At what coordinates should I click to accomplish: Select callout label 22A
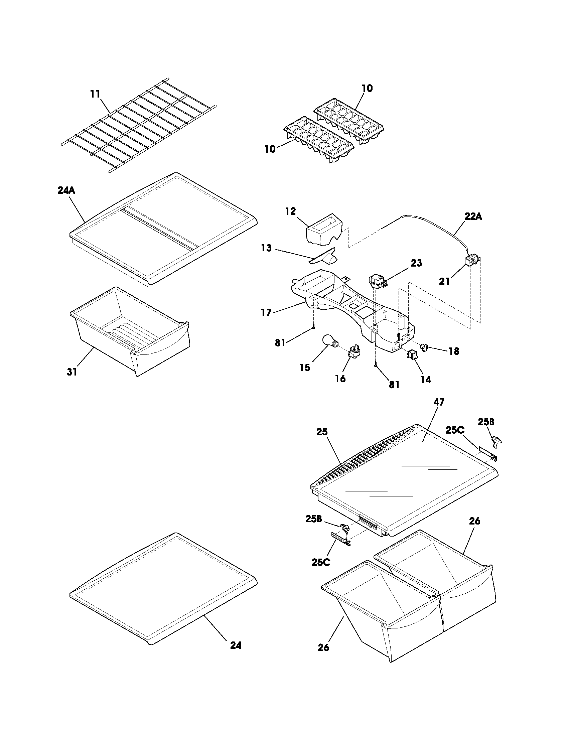pos(473,217)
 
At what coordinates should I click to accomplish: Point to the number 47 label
pos(439,402)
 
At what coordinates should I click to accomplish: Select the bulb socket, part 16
pos(353,353)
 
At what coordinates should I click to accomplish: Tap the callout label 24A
pos(66,190)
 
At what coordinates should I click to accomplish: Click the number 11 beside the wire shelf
pos(96,94)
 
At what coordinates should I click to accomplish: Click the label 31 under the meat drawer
pos(72,372)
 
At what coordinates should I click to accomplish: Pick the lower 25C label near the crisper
pos(321,562)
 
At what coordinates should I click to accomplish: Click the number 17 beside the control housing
pos(266,313)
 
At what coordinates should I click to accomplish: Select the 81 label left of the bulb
pos(280,342)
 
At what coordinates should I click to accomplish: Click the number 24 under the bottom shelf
pos(236,645)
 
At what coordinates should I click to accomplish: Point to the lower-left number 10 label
pos(270,149)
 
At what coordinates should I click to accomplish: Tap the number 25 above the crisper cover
pos(322,431)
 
